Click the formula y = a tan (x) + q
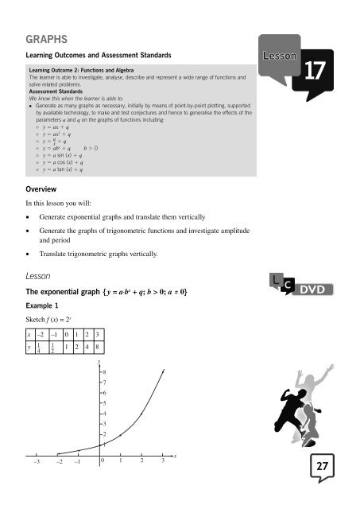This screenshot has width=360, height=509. coord(68,169)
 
